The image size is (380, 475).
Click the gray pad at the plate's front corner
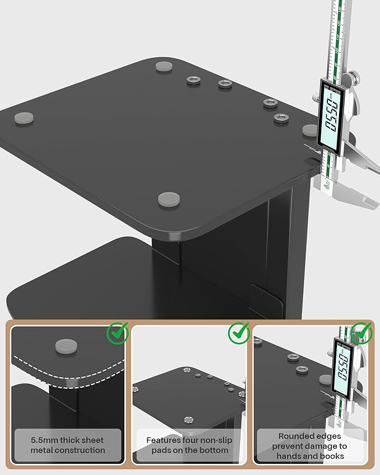(x=169, y=199)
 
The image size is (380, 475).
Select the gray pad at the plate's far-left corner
(x=24, y=118)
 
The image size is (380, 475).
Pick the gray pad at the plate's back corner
(x=165, y=67)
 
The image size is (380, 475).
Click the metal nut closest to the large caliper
(x=281, y=118)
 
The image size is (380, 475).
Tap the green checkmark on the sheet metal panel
(x=118, y=333)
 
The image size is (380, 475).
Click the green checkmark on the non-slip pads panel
(x=239, y=333)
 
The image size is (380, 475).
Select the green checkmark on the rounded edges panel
(x=361, y=333)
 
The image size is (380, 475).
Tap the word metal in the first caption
(x=41, y=450)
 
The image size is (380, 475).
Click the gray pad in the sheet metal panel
(x=66, y=346)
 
